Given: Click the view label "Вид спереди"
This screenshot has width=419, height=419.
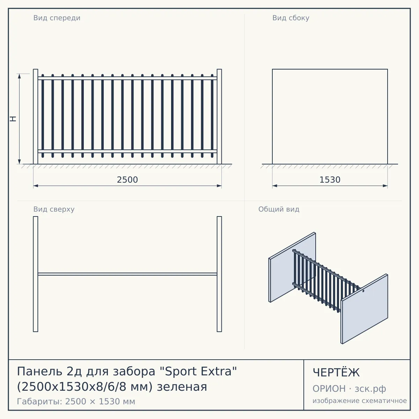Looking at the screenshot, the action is point(57,18).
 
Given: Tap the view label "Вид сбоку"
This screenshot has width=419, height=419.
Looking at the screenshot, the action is point(291,18).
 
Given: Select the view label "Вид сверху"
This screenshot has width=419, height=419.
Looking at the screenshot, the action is point(54,209).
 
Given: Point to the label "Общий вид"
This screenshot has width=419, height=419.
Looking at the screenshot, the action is point(279,209).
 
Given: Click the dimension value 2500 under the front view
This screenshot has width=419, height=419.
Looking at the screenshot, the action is point(127,180).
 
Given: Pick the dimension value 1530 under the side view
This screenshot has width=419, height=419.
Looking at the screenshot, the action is point(330,180).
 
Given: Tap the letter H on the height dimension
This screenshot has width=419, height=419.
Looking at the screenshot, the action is point(13,119).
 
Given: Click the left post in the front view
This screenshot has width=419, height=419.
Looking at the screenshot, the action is point(36,117).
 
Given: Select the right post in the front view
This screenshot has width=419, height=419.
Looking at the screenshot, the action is point(219,117).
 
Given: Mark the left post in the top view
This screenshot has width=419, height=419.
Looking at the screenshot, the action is point(36,274).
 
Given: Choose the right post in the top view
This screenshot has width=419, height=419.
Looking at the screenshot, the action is point(219,274).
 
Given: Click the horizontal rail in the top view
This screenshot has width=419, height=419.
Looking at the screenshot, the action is point(127,274).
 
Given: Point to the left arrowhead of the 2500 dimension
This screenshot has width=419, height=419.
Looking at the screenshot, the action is point(36,186).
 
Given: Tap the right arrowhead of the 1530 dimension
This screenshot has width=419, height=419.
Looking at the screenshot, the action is point(385,186).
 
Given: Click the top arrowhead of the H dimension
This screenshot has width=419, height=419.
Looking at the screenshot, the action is point(19,76).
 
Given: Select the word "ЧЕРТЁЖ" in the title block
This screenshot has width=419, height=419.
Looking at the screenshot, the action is point(336,373).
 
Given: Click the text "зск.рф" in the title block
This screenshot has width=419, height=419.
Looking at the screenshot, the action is point(370,389).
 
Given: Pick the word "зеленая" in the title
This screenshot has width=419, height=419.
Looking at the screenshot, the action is point(182,387).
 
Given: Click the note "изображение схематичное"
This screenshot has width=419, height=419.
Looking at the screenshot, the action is point(360,400).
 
